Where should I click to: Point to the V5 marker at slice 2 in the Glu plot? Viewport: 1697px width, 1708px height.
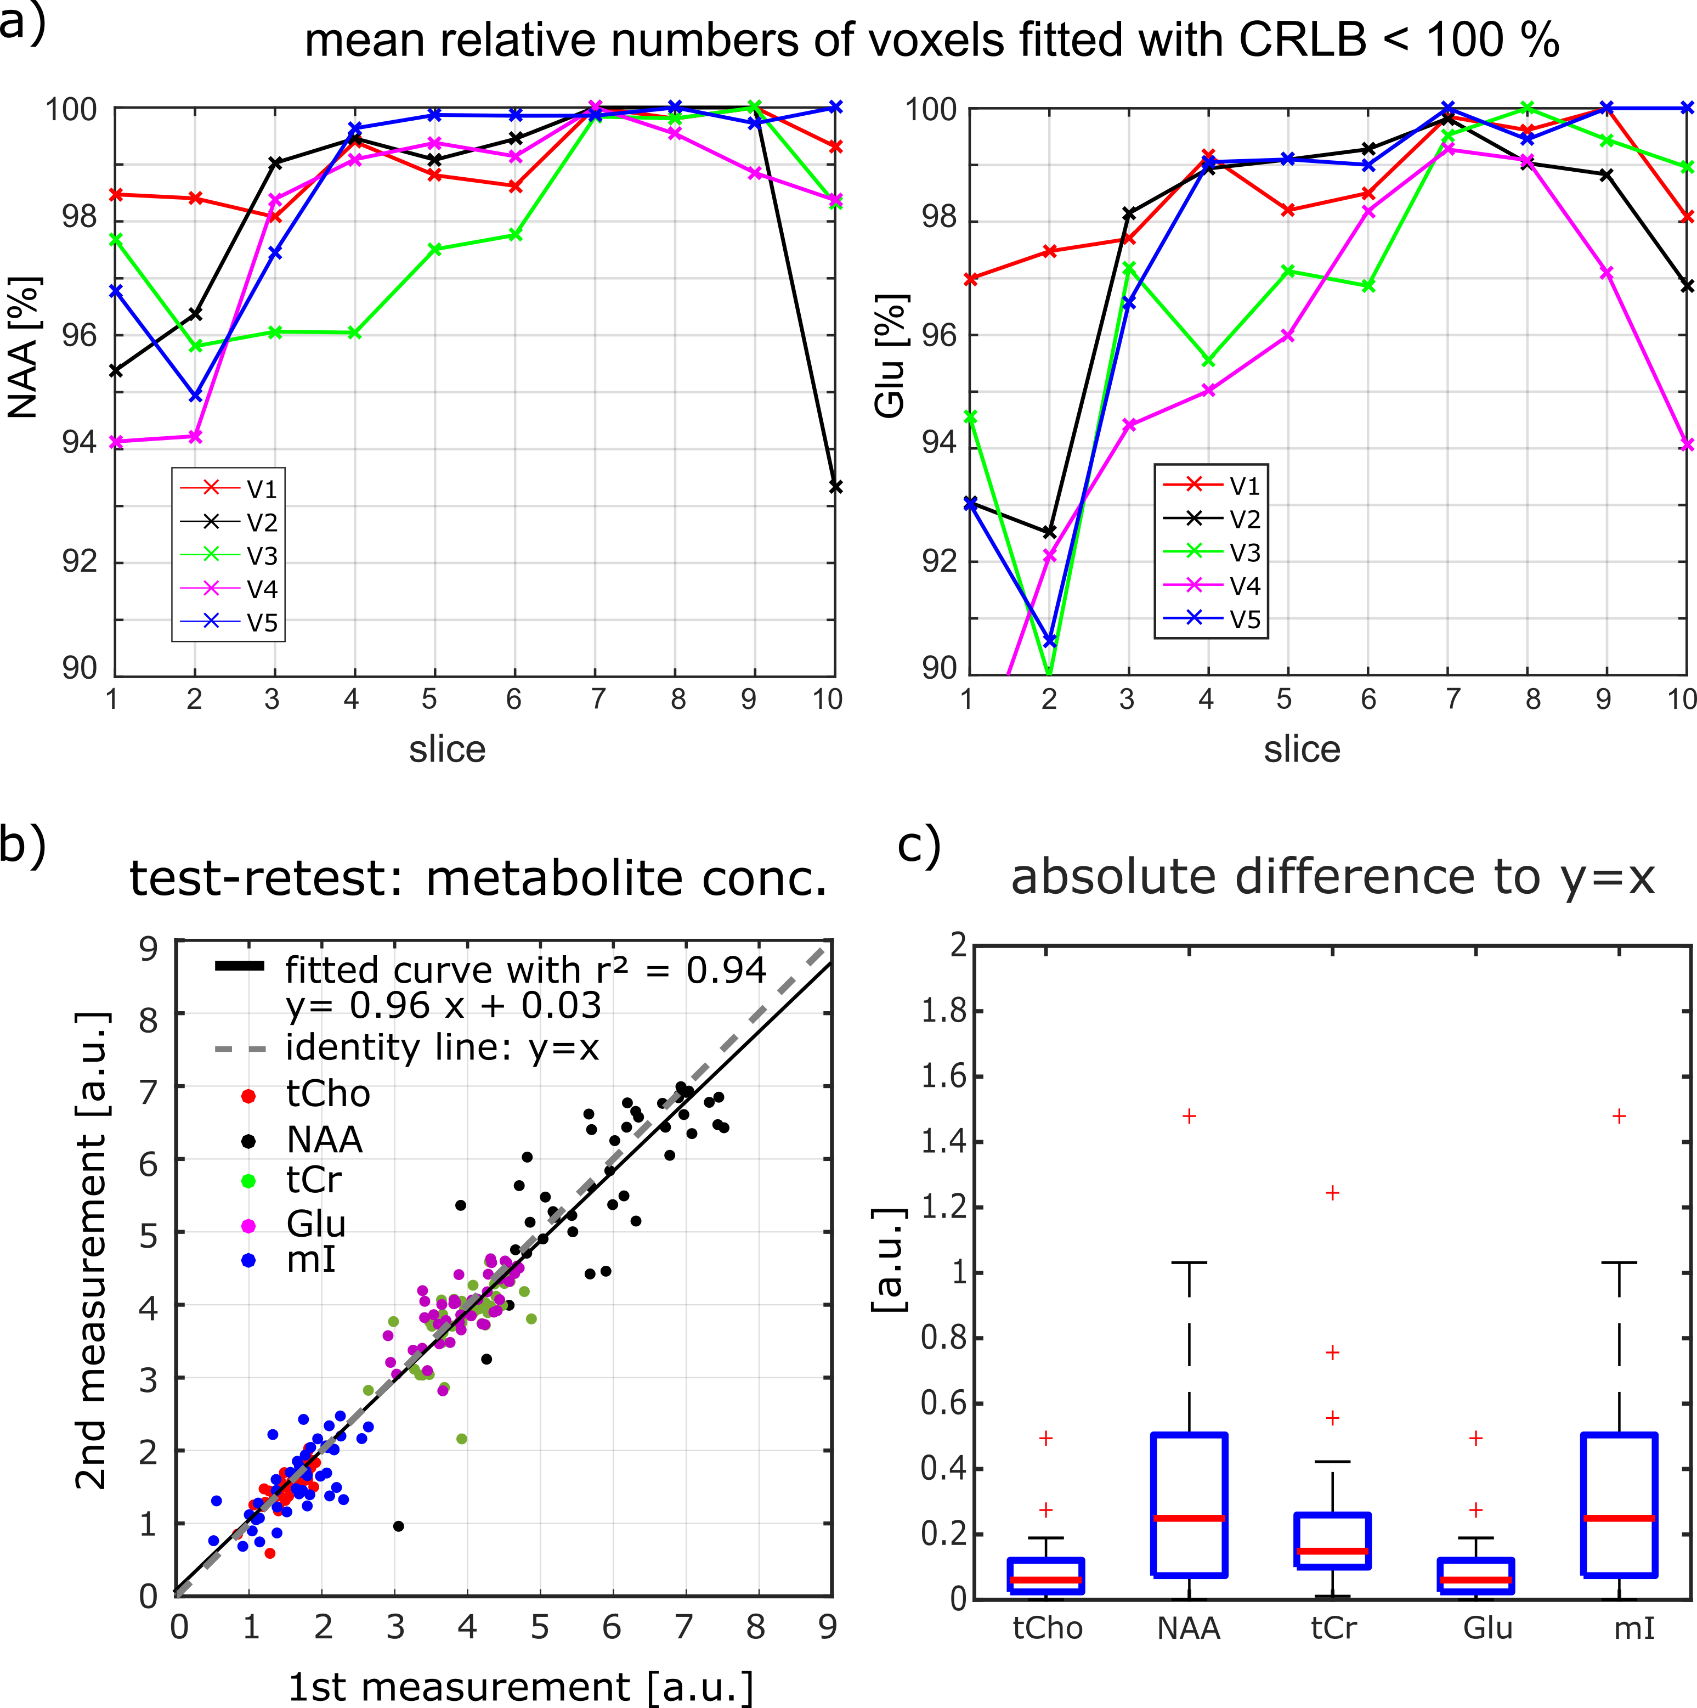coord(1050,641)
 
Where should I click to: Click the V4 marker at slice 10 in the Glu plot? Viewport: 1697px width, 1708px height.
coord(1687,444)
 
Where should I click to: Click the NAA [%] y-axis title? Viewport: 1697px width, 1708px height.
coord(24,347)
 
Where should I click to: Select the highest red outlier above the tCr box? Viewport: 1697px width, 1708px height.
coord(1332,1193)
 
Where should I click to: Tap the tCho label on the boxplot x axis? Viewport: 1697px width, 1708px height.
coord(1048,1628)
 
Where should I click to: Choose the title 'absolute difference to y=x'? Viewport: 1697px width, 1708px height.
coord(1332,878)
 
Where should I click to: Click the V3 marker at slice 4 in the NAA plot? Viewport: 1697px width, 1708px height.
coord(354,332)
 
